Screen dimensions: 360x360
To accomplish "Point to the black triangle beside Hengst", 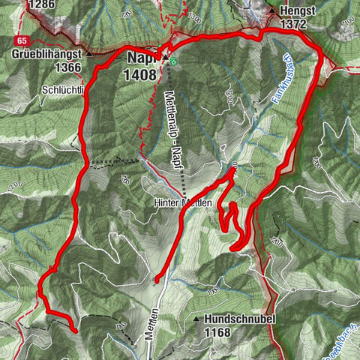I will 271,11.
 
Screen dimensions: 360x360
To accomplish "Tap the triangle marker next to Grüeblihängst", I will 88,54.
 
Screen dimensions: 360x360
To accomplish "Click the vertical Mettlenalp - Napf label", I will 173,131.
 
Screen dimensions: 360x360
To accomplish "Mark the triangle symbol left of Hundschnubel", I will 197,319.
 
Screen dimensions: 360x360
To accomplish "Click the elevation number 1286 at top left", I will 42,5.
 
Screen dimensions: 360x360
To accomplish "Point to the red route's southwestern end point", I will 74,329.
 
